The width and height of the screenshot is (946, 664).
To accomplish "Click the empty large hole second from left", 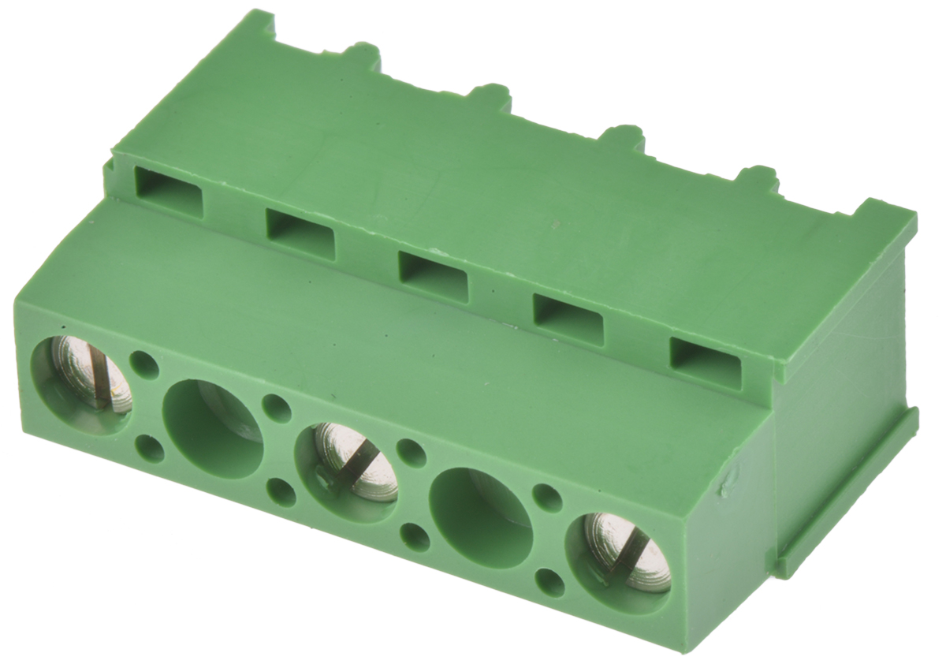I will (x=213, y=428).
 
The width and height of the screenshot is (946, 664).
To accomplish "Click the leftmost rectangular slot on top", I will (x=169, y=191).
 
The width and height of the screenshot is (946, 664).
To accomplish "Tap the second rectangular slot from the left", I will (x=300, y=233).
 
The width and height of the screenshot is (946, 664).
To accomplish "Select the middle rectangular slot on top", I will (x=433, y=276).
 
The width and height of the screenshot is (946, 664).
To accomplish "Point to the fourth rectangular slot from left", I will (x=568, y=319).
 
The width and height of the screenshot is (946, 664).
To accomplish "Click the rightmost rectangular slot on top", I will (x=706, y=363).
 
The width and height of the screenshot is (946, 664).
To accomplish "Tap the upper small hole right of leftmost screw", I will (x=143, y=364).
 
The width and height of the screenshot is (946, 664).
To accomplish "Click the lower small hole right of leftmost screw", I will (x=150, y=449).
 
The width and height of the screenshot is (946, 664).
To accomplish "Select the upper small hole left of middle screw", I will (x=276, y=408).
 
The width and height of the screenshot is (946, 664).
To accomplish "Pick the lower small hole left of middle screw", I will (x=281, y=492).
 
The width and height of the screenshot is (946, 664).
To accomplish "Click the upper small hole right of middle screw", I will (x=411, y=452).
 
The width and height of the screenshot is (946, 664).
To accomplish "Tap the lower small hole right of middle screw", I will (x=415, y=537).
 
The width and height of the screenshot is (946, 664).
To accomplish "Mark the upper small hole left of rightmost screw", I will (x=547, y=497).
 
